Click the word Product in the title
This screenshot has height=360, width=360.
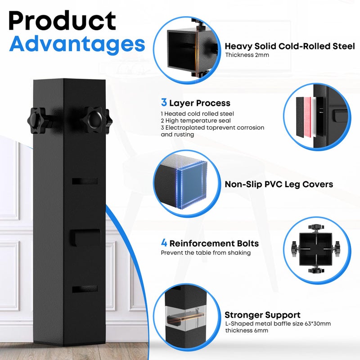click(x=62, y=21)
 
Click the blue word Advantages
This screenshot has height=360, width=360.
click(x=77, y=45)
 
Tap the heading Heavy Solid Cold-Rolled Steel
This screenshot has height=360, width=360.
click(x=290, y=46)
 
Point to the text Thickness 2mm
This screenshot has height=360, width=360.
click(x=247, y=55)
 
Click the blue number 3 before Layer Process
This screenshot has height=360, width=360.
click(x=164, y=103)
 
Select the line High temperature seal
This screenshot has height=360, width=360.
click(x=196, y=121)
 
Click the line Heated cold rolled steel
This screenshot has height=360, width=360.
click(x=198, y=114)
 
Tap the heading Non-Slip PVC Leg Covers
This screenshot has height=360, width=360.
click(x=279, y=184)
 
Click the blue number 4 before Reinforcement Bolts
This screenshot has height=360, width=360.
click(x=164, y=243)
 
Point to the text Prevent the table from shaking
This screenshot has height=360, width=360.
click(x=206, y=253)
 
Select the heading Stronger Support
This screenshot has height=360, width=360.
click(x=262, y=315)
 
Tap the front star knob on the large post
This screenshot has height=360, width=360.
click(x=94, y=119)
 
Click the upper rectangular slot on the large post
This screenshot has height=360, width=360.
click(x=85, y=181)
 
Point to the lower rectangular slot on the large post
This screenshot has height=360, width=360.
click(x=85, y=289)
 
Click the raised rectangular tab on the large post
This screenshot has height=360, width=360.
click(x=85, y=238)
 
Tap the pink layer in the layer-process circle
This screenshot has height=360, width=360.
click(x=307, y=117)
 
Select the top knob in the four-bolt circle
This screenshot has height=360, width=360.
click(x=316, y=227)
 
